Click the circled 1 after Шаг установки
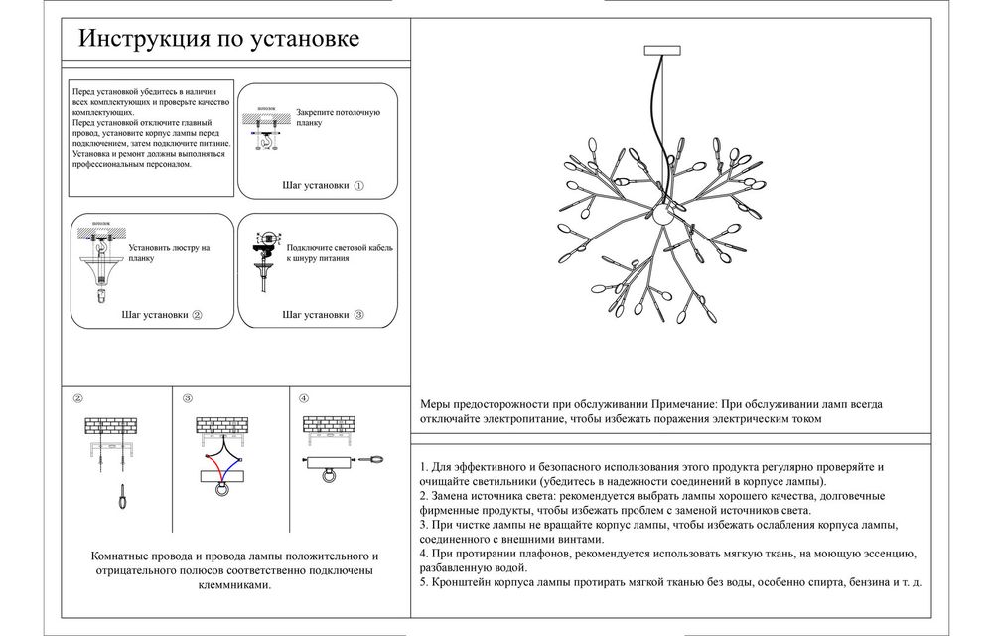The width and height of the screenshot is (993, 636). [x=358, y=185]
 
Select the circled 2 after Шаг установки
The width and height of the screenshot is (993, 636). [x=197, y=315]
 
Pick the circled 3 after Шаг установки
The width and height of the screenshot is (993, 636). [x=358, y=315]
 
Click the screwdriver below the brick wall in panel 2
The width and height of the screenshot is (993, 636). [x=121, y=496]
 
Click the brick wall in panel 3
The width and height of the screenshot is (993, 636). [x=222, y=425]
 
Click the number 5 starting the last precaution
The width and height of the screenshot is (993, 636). [x=423, y=581]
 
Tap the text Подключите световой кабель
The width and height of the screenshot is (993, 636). [x=332, y=246]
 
